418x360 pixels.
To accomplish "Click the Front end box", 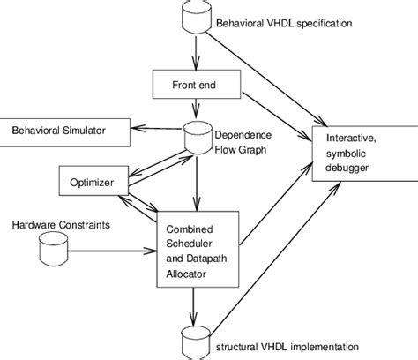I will point(193,86).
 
